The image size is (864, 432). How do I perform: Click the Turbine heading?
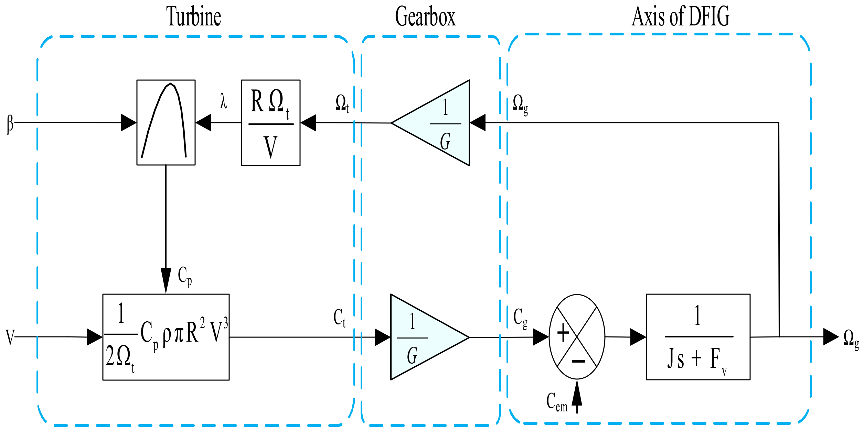click(193, 16)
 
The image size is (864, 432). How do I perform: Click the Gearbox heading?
click(425, 16)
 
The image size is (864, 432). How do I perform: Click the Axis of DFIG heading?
click(681, 16)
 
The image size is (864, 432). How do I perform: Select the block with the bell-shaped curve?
click(166, 123)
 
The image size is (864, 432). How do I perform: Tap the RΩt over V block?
click(270, 123)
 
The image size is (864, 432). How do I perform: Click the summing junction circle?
click(577, 337)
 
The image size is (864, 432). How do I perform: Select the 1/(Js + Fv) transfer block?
click(698, 337)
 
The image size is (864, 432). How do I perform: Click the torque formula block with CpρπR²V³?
click(166, 337)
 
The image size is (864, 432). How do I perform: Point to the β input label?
click(10, 124)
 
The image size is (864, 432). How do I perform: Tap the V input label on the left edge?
click(10, 337)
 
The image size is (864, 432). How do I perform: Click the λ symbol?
click(224, 102)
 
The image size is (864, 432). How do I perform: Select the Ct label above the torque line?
click(339, 318)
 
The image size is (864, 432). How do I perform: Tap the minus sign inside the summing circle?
click(578, 361)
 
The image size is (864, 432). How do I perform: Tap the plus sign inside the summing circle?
click(563, 333)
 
